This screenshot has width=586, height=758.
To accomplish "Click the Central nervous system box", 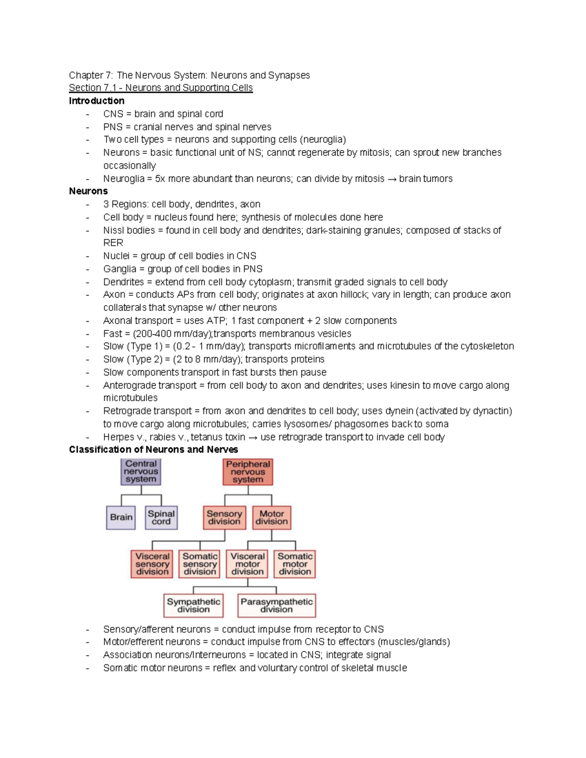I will click(141, 471).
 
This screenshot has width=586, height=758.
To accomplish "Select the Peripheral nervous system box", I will click(248, 472).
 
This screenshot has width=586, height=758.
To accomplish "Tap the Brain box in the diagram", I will click(121, 517).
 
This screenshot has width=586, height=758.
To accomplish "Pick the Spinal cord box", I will click(161, 517).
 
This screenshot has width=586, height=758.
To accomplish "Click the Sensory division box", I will click(224, 517).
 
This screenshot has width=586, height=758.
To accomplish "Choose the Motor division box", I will click(272, 517).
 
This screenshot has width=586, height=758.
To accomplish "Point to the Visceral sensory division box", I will click(152, 564).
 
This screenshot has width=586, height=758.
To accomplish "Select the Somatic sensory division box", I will click(200, 564).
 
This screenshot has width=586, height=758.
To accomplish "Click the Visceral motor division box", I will click(248, 564).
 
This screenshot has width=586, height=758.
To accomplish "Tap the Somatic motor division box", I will click(295, 564).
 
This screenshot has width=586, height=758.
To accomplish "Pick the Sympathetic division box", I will click(193, 605).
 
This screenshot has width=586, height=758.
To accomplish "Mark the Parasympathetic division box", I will click(276, 605).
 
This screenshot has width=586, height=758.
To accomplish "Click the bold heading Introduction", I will click(97, 101).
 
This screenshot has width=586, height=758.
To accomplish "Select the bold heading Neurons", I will click(88, 191).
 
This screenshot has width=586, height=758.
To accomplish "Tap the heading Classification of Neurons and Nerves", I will click(153, 450).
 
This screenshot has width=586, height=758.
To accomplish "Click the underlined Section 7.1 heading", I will click(161, 88).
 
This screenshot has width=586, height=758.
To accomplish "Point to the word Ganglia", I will click(120, 269).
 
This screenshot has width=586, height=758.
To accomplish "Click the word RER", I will click(113, 243).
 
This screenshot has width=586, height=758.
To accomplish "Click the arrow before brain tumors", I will click(392, 179).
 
